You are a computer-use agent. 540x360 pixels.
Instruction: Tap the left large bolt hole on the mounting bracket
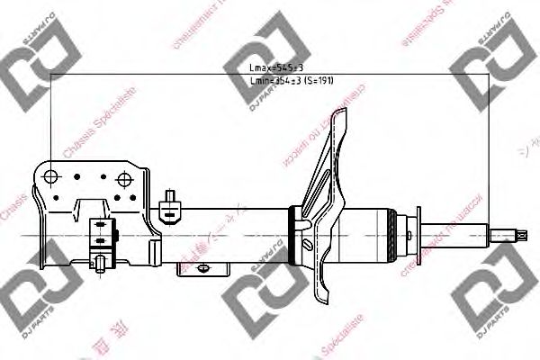(x=52, y=175)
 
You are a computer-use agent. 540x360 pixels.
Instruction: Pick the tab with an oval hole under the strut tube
(x=209, y=268)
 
